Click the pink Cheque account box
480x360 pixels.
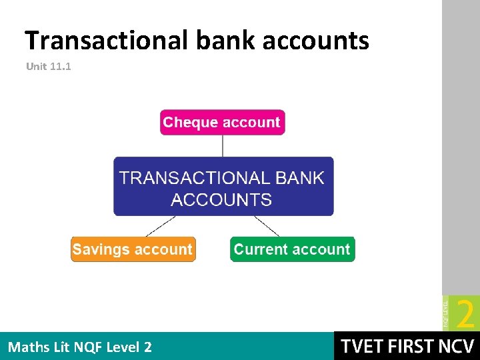click(222, 123)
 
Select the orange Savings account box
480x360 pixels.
click(133, 249)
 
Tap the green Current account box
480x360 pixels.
click(292, 249)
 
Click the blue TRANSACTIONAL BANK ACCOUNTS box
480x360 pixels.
click(223, 187)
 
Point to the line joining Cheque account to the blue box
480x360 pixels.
click(223, 146)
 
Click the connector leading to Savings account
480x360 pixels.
click(161, 226)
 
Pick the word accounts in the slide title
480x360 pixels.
click(315, 41)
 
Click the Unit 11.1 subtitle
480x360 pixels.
click(49, 67)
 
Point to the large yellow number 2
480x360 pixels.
click(466, 313)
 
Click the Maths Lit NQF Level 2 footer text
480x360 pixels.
click(79, 347)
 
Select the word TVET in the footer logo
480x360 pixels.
click(364, 347)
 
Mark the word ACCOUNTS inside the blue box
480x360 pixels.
click(221, 200)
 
